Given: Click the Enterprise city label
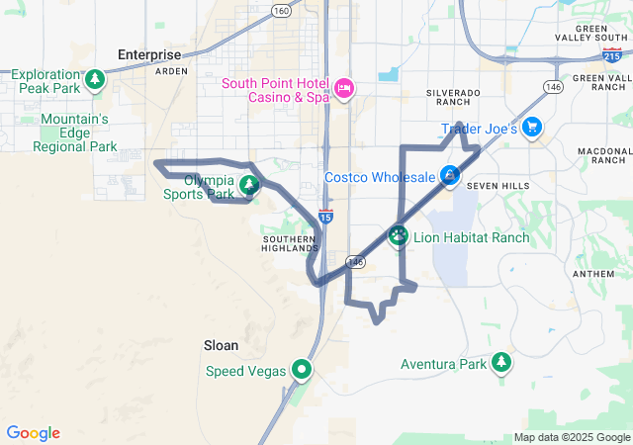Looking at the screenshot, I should coord(149,54).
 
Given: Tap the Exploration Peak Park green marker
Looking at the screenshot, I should coord(95,79).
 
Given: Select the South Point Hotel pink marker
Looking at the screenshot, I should coord(344,89).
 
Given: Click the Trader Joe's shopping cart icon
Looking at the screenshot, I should coord(532,127).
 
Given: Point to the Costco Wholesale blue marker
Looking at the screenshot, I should coord(450,176).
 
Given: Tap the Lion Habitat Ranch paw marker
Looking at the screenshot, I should coord(399,236).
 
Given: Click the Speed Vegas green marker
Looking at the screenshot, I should coord(301,371).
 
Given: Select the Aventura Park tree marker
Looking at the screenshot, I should coord(502,363).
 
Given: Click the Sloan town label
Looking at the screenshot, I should coord(221,345).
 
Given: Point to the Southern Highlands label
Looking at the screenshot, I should coord(291,243).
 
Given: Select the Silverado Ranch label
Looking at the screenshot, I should coord(453,97).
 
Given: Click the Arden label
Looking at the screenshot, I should coord(171,71).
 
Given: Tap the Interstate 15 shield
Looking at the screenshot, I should coord(326,216).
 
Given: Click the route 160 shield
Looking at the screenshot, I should coord(282,11).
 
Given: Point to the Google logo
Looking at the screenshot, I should coord(34,433).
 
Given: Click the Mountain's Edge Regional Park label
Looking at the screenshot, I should coord(75,133).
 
